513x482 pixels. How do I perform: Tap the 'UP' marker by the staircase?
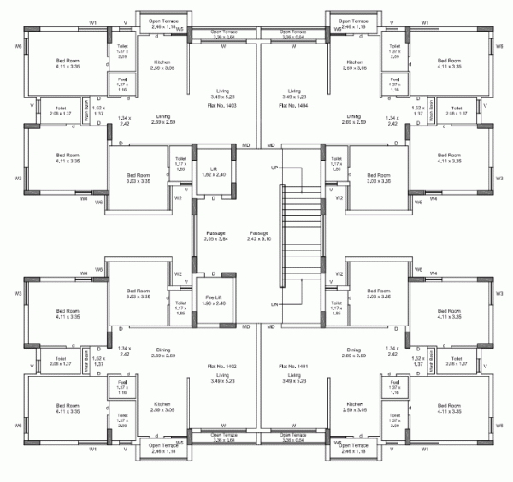point(274,168)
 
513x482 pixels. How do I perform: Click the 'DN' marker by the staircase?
point(274,303)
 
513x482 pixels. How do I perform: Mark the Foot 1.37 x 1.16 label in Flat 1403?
point(121,83)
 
